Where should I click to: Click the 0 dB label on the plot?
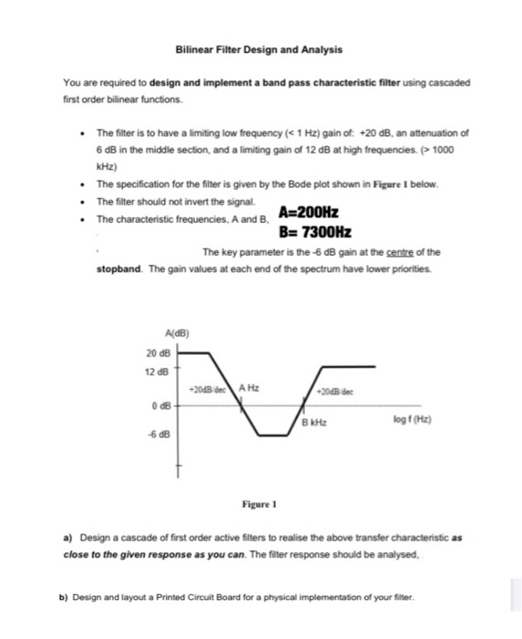160,404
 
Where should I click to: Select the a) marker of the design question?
68,537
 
